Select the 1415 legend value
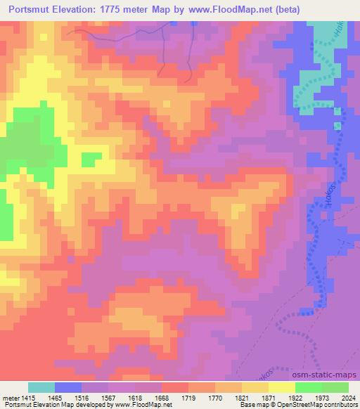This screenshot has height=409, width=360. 28,398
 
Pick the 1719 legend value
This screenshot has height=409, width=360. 188,398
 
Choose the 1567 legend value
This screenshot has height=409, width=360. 108,398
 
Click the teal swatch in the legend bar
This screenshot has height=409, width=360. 41,387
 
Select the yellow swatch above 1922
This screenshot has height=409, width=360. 281,387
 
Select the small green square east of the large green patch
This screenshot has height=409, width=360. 91,160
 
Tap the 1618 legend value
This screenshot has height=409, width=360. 135,398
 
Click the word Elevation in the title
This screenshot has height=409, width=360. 82,10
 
